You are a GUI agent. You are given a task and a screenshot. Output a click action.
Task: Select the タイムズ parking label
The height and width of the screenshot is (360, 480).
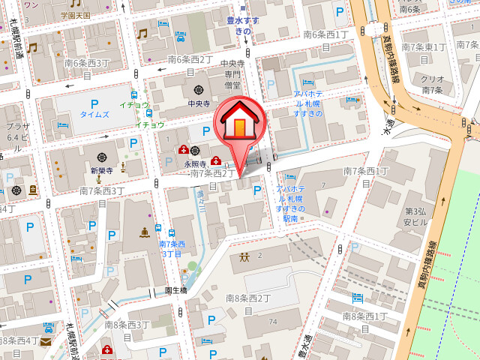(94, 115)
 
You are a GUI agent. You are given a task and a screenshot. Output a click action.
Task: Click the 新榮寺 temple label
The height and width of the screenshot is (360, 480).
(101, 170)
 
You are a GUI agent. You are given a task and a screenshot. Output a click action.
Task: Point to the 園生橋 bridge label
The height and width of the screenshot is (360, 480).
(175, 289)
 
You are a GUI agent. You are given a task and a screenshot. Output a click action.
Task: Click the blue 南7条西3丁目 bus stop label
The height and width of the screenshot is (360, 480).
(172, 248)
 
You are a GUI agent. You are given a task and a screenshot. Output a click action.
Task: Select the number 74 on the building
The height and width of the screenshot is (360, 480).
(274, 322)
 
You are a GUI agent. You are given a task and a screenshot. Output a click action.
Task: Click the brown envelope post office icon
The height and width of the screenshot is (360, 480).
(46, 343)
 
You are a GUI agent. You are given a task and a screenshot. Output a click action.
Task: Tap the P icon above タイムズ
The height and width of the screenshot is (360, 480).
(94, 103)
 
